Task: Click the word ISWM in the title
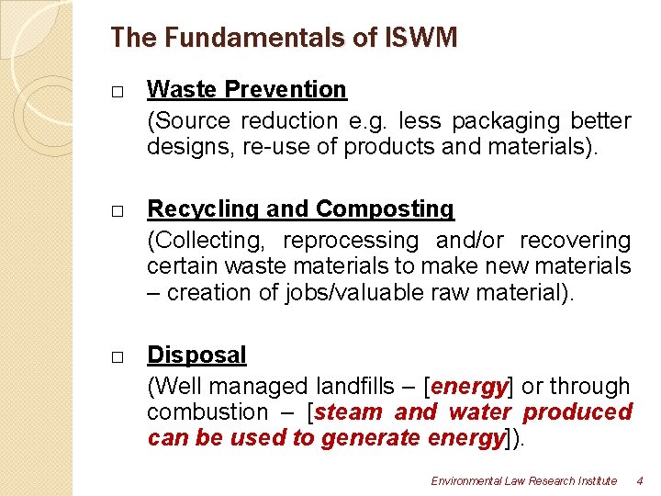coord(421,38)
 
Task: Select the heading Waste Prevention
coord(247,89)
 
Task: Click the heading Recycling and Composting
coord(300,209)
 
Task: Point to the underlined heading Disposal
coord(196,355)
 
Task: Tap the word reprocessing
coord(350,241)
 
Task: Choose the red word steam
coord(349,412)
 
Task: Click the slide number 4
coord(640,481)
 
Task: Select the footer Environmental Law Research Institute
coord(524,481)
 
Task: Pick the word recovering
coord(576,241)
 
